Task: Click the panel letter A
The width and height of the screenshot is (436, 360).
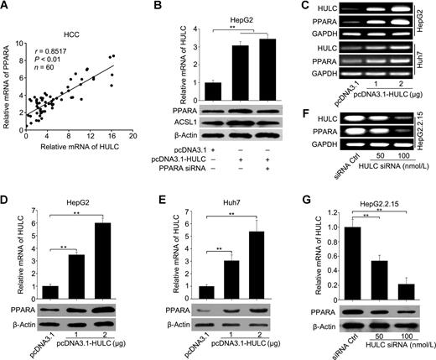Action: point(7,8)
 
